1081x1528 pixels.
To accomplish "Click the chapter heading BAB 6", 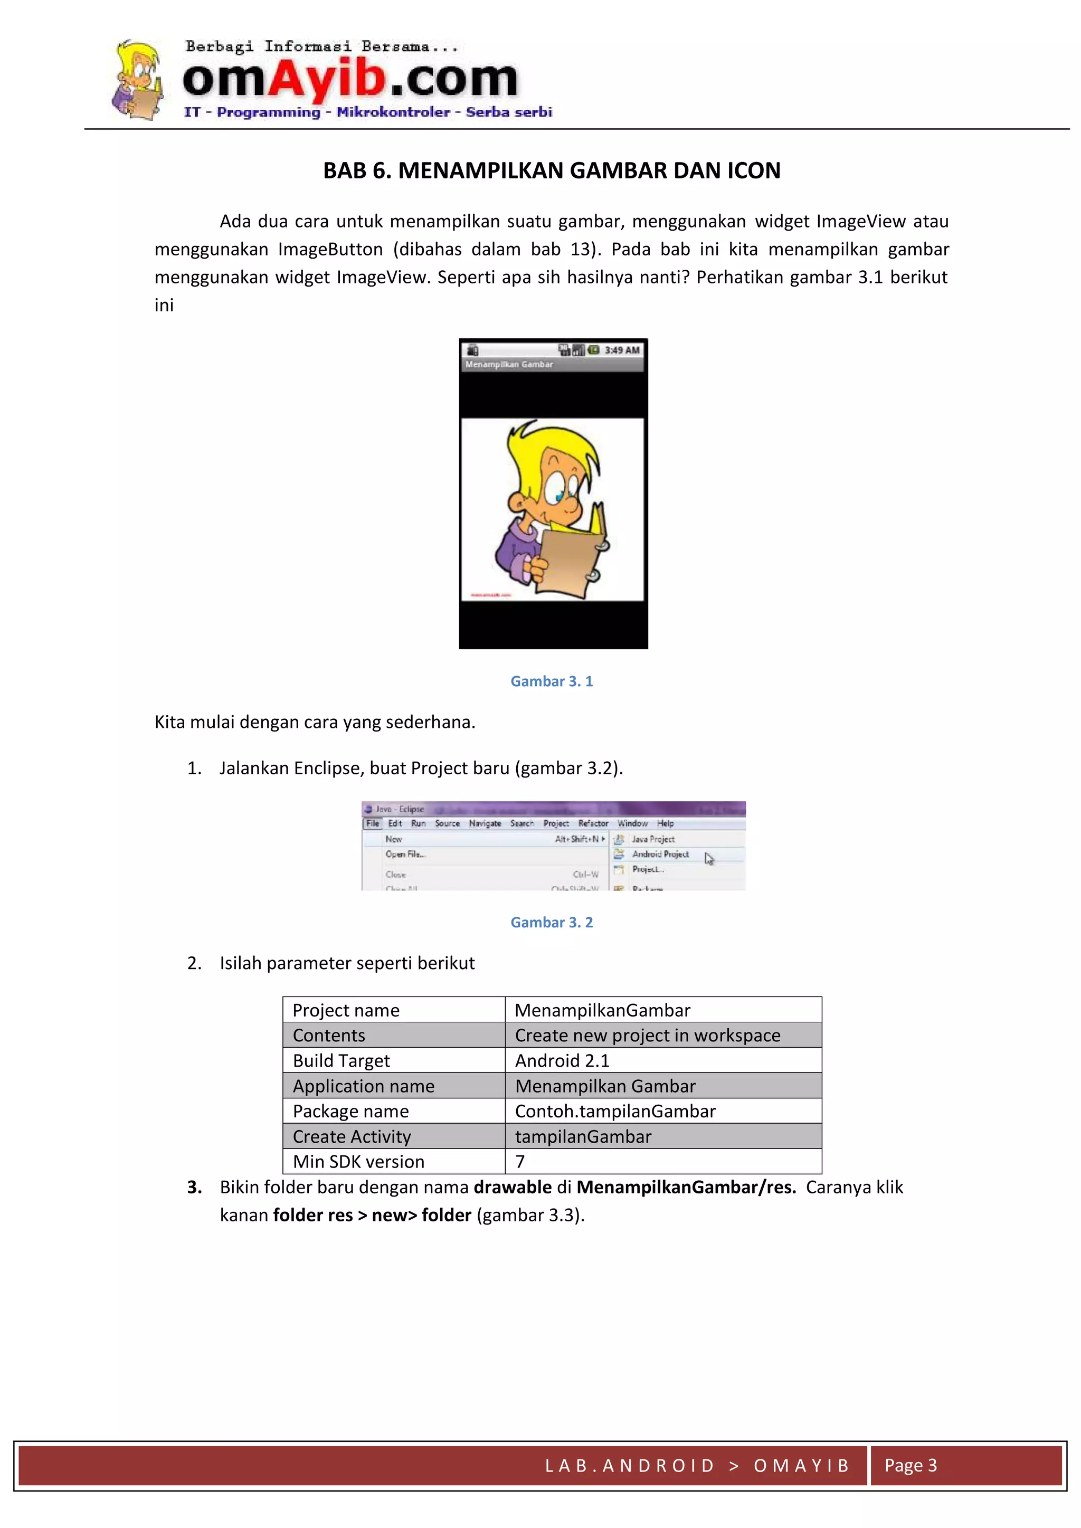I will tap(551, 170).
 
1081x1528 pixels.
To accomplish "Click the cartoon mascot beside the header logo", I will tap(138, 80).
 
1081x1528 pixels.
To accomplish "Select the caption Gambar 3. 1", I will tap(551, 681).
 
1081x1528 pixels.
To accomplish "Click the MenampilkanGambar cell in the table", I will tap(602, 1010).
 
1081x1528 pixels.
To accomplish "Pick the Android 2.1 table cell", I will tap(563, 1060).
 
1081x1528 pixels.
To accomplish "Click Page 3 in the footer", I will tap(910, 1465).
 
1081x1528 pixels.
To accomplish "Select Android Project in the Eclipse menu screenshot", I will tap(660, 854).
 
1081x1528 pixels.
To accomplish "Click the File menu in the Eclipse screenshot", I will tap(373, 823).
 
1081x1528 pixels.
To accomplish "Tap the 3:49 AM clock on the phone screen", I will tap(622, 350).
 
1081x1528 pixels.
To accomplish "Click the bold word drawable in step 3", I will tap(513, 1187).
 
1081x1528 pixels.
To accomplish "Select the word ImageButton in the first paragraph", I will tap(330, 249).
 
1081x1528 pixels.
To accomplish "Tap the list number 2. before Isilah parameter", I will tap(194, 963).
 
